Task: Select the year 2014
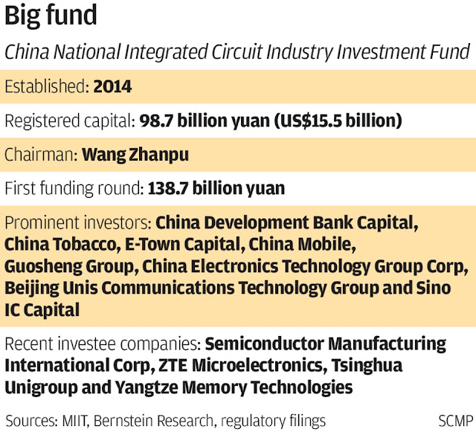click(112, 87)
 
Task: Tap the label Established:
click(47, 87)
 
